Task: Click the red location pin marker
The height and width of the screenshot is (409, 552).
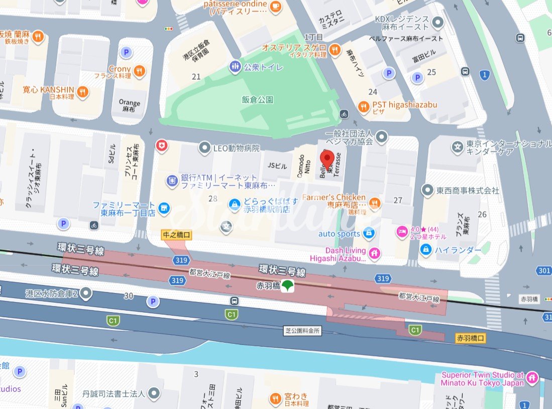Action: click(327, 160)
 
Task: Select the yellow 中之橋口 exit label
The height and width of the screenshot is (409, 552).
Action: click(176, 234)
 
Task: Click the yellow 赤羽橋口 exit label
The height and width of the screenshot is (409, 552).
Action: click(471, 338)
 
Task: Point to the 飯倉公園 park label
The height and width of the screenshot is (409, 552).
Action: click(257, 100)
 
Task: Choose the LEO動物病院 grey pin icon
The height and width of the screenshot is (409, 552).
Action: click(204, 148)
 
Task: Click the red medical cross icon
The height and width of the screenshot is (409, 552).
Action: click(162, 146)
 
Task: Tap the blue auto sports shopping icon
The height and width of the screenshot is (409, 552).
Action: click(369, 233)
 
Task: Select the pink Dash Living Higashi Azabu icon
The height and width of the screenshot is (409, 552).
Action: click(374, 253)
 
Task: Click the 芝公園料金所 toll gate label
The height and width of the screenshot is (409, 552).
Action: click(302, 331)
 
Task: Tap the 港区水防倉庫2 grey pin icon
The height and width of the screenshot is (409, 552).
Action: click(86, 293)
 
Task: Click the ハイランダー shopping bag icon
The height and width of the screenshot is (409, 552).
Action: click(426, 249)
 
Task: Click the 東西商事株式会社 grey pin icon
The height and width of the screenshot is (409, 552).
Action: click(427, 190)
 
